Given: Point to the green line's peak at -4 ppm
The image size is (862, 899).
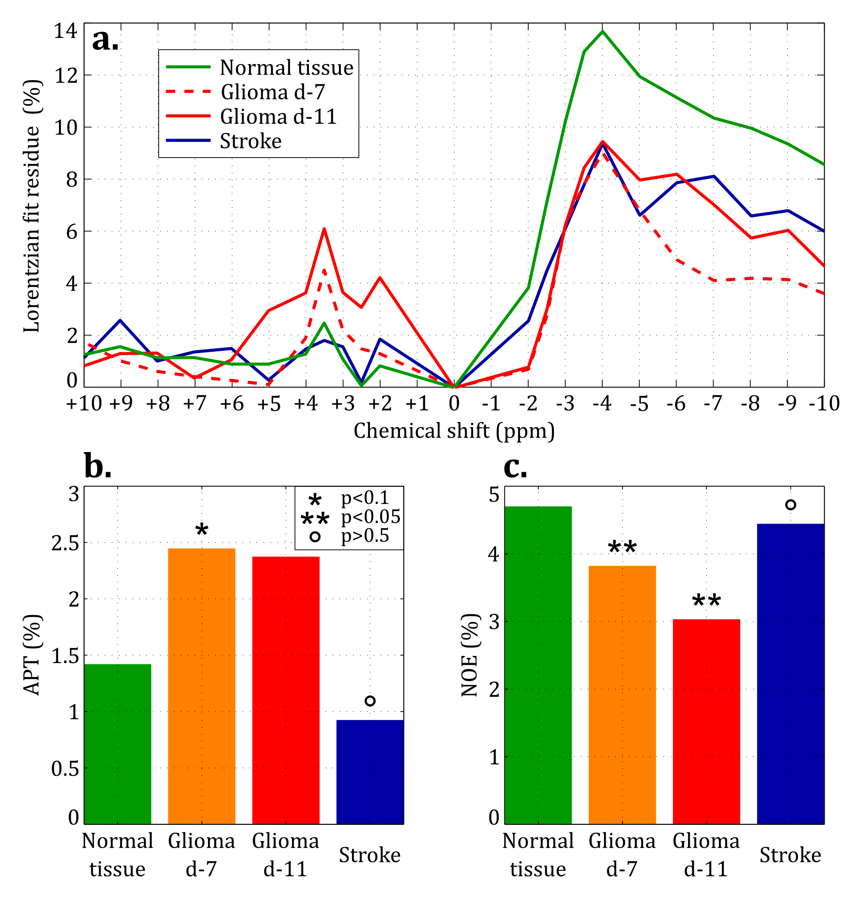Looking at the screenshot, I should coord(602,32).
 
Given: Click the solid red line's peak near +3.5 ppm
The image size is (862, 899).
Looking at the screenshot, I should coord(324,229).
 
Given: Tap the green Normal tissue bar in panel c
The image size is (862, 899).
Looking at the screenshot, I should coord(538,665).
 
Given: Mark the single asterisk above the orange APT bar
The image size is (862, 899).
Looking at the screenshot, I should coord(202,530).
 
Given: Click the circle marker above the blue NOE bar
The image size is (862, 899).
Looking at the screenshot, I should coord(790,505).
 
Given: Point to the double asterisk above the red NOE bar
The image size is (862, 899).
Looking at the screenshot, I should coord(706,600).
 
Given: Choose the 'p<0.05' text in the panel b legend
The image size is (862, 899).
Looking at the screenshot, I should coord(370,517).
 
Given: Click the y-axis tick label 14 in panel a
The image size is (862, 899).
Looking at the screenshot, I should coord(66,31).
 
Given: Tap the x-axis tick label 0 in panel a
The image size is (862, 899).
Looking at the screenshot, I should coord(454,404).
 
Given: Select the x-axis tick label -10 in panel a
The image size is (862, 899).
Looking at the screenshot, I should coord(824,404).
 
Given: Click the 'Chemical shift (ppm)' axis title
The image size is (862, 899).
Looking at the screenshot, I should coord(454,431).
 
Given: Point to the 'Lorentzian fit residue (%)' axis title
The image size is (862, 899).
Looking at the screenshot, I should coord(32,206).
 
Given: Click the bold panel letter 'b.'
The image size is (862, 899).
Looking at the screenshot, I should coord(98,466).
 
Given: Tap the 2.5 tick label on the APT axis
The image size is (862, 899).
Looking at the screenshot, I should coord(65,543).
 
